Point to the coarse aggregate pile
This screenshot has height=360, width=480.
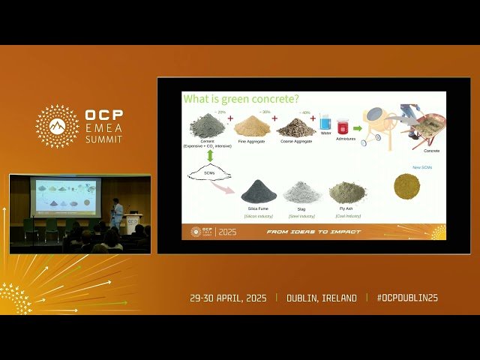click(x=295, y=127)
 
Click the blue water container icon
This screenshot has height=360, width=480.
click(x=325, y=123)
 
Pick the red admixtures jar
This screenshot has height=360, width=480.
click(x=343, y=127)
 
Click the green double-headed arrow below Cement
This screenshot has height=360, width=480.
click(x=210, y=155)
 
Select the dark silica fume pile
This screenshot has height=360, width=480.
click(x=258, y=192)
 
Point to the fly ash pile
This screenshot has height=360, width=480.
click(x=347, y=193)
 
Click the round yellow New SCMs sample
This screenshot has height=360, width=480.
click(x=406, y=186)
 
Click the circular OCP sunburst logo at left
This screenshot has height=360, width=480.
click(x=57, y=126)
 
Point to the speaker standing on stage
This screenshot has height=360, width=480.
click(x=116, y=212)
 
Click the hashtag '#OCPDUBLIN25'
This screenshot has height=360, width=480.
click(x=407, y=298)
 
